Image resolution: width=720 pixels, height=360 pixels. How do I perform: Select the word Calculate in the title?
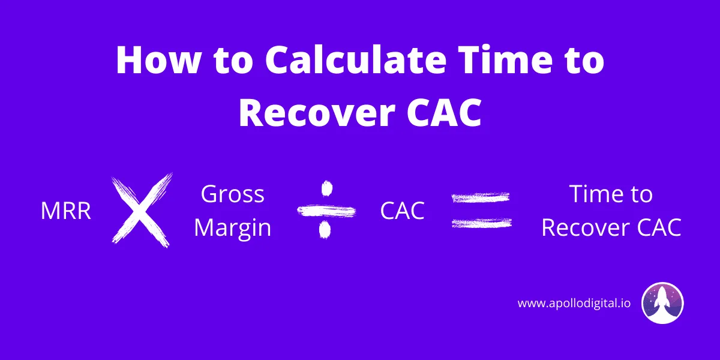point(355,61)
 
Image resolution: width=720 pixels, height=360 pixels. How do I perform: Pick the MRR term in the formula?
point(66,211)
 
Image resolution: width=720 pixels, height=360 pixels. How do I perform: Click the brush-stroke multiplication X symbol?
point(142,211)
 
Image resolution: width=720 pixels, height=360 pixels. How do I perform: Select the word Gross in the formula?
point(232,194)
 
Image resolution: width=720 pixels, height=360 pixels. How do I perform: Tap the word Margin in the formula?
point(232,228)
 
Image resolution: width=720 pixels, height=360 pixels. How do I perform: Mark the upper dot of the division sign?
point(326,188)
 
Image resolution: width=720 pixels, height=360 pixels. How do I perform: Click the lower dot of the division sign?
point(325,229)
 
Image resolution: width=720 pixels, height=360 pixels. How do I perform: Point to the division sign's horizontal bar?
point(326,211)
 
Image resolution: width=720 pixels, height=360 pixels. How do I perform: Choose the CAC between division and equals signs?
point(402,211)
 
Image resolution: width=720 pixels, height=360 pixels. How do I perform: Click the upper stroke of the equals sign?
point(481,197)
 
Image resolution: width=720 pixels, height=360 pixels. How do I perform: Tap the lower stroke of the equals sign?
point(481,223)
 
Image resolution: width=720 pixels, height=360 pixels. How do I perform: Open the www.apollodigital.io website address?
point(574,303)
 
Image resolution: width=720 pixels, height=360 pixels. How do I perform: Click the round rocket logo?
point(662,303)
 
